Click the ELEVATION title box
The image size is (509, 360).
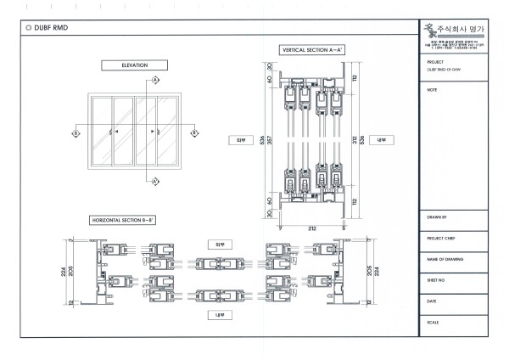pos(134,65)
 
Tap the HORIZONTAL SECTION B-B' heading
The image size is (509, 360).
pos(123,220)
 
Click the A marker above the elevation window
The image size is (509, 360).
pos(156,82)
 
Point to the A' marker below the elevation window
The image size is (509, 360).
pos(156,182)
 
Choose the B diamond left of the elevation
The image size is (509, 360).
pos(76,132)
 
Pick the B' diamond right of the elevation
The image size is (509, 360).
pos(193,132)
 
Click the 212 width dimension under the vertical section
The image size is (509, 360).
pos(313,228)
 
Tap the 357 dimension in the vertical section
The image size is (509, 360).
pos(271,139)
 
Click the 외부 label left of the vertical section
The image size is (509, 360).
pos(240,139)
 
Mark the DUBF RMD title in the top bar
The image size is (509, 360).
pos(51,27)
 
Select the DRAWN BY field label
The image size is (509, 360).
pos(438,218)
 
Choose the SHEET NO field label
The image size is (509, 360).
pos(437,279)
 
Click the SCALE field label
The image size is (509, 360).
pos(433,322)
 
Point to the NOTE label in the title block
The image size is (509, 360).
pos(433,89)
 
